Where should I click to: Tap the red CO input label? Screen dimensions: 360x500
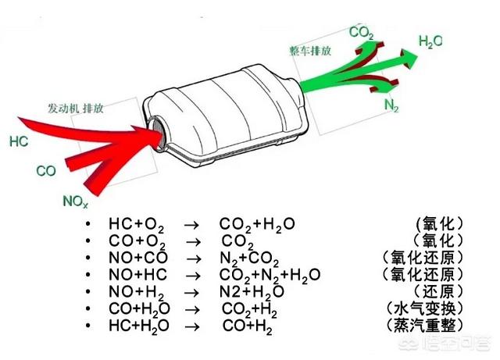point(46,170)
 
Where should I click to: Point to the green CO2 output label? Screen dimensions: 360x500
point(361,33)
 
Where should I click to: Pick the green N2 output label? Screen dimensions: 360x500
point(392,104)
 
